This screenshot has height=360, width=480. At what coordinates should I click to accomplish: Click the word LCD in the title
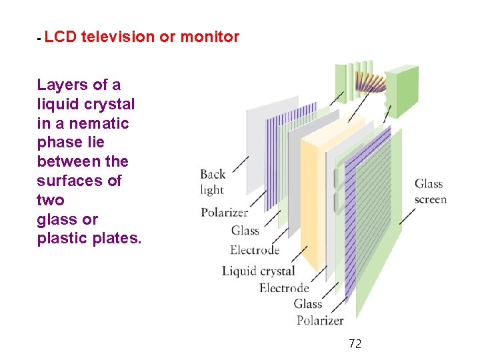coord(60,37)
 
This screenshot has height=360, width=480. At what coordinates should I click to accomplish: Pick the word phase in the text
coord(57,143)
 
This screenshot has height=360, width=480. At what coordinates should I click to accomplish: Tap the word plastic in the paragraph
coord(61,239)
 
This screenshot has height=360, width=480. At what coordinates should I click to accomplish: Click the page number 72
coord(355,344)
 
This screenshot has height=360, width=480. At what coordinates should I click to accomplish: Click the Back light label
coord(213,182)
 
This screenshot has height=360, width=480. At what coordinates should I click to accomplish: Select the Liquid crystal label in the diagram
coord(258,271)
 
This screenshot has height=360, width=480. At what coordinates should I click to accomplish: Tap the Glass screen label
coord(430,191)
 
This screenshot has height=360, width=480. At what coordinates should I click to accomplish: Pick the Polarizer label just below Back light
coord(224,213)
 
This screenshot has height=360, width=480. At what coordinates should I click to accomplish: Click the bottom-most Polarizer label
coord(320,321)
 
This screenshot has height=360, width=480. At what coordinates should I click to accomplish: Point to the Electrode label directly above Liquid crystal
coord(255,250)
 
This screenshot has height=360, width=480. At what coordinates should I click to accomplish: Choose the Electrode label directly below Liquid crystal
coord(284,288)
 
